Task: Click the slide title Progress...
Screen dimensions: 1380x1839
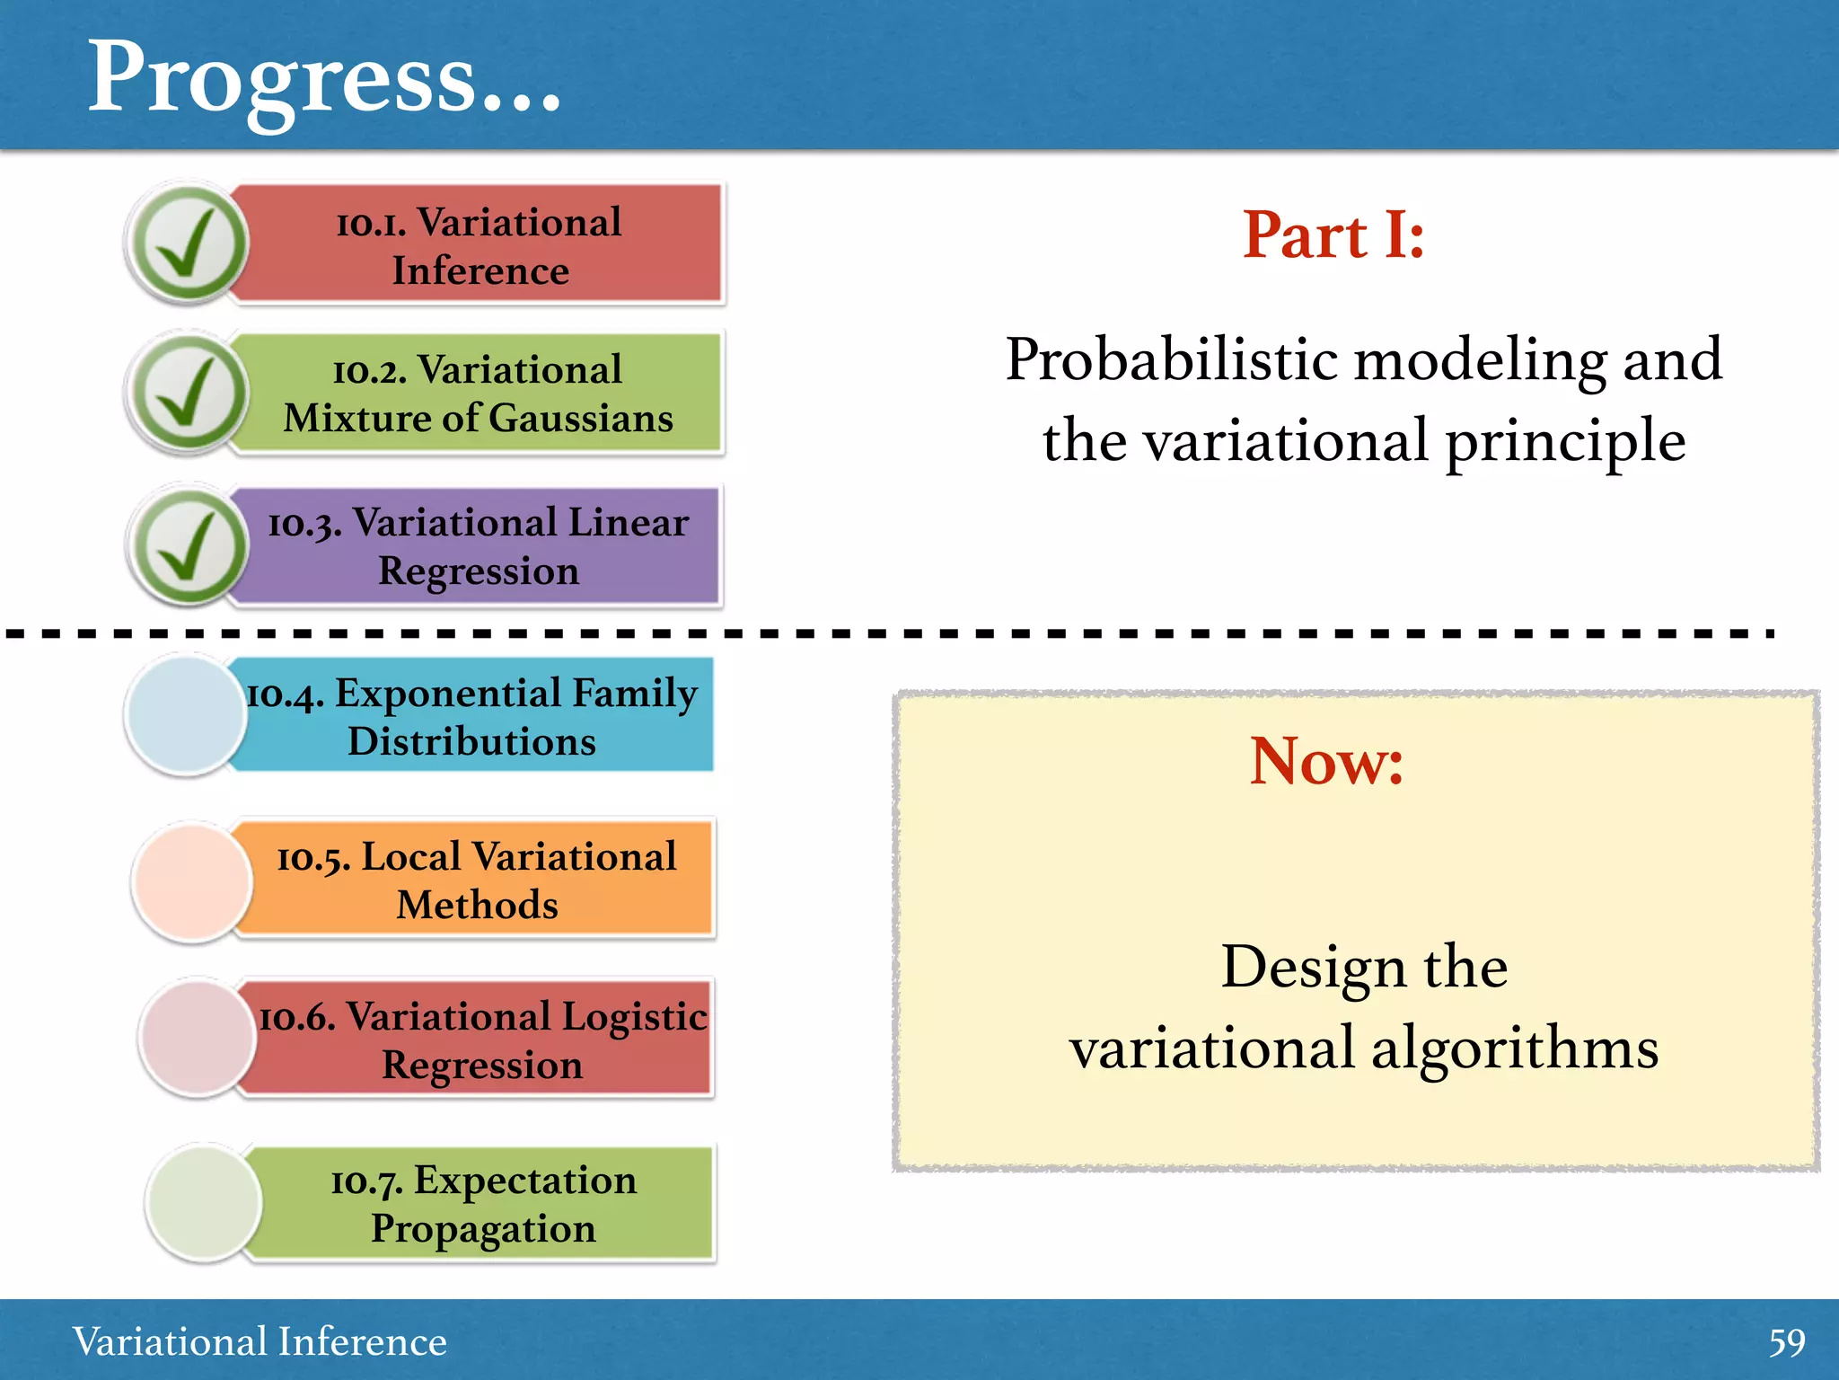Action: pos(323,79)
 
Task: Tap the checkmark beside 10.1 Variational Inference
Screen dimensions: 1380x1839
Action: pos(188,243)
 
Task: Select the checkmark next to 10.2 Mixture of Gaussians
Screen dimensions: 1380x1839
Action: pos(188,394)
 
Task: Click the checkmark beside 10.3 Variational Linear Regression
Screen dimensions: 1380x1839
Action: pos(188,545)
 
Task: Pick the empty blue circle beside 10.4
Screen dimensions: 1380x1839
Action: pos(185,715)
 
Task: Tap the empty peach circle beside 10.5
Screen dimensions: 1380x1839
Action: pos(191,882)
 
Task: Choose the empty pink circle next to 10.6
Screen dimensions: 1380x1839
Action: pos(198,1039)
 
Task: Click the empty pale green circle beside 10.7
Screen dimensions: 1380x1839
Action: pos(205,1203)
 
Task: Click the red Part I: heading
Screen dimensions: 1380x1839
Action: pos(1333,235)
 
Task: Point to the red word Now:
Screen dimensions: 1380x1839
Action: pos(1326,761)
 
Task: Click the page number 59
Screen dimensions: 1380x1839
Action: pos(1786,1342)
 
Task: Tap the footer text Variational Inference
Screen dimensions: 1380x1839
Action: pos(260,1341)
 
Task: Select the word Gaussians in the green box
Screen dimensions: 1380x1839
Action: pos(581,419)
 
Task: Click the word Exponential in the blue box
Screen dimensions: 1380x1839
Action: pos(448,694)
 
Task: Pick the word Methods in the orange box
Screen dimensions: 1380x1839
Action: pos(477,905)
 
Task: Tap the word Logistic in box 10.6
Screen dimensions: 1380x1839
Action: pos(634,1016)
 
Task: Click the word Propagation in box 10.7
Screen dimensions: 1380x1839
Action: pos(483,1229)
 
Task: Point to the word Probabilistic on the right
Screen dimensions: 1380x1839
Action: pos(1172,360)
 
